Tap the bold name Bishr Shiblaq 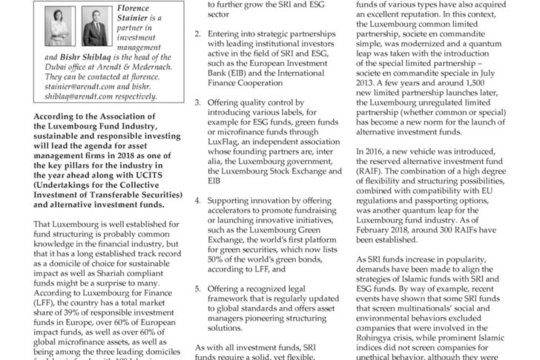pos(76,56)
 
